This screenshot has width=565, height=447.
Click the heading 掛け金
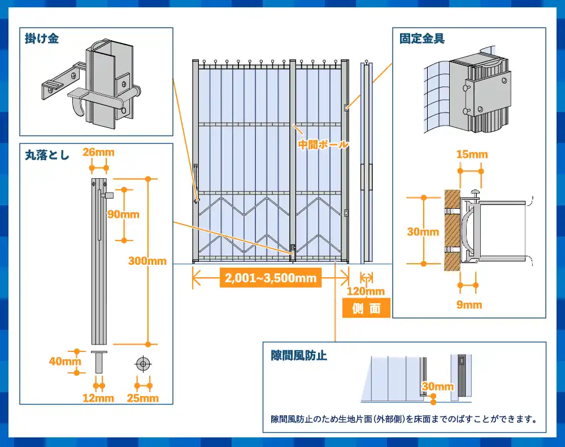[x=42, y=39]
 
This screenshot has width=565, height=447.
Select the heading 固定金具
[x=422, y=39]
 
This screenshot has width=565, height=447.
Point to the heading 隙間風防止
[x=299, y=355]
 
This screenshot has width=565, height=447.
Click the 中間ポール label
[x=323, y=144]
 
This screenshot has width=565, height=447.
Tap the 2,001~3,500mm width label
[x=270, y=278]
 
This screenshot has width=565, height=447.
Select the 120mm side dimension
[x=366, y=291]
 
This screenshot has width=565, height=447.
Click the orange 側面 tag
[x=366, y=308]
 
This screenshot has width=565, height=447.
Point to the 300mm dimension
[x=147, y=261]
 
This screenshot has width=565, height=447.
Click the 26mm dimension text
[x=99, y=152]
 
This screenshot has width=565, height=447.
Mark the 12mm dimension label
[x=98, y=398]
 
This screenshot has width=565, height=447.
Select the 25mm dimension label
[x=143, y=398]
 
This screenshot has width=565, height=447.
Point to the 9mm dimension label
[x=469, y=305]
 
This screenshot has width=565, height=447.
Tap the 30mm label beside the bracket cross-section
[x=423, y=232]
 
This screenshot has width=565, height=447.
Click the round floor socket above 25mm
[x=143, y=364]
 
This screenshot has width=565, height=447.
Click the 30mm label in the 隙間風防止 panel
[x=438, y=386]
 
